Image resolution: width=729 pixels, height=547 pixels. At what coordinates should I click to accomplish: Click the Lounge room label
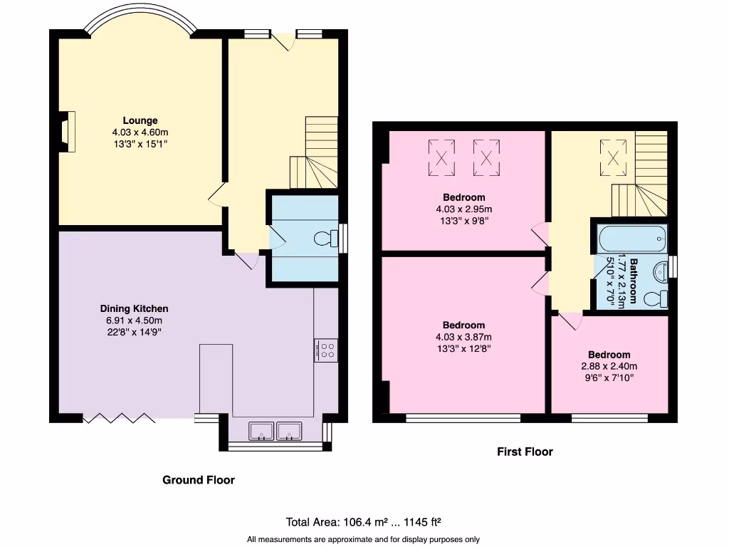tap(140, 120)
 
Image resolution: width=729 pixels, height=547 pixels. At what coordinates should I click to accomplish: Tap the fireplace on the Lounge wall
tap(65, 132)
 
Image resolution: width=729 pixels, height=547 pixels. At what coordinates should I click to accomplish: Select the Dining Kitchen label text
tap(134, 308)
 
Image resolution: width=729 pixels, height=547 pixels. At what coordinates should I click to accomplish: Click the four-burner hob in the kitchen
tap(326, 350)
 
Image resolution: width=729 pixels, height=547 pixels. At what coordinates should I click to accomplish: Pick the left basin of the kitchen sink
tap(261, 431)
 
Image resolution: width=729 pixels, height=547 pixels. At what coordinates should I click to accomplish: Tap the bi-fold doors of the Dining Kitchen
tap(119, 419)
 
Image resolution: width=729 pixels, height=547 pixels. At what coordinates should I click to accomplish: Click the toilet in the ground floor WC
tap(325, 238)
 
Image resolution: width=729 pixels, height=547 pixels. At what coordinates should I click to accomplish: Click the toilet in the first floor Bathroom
tap(656, 298)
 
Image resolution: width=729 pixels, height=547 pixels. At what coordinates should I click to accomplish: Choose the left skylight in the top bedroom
tap(441, 157)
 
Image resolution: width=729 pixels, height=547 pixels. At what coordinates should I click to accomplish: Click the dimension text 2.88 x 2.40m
tap(609, 367)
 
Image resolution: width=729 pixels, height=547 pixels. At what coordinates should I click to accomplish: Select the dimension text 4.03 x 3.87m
tap(463, 337)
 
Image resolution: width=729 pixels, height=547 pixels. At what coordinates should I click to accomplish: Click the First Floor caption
tap(524, 452)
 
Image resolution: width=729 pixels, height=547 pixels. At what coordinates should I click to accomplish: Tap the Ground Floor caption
tap(199, 480)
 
